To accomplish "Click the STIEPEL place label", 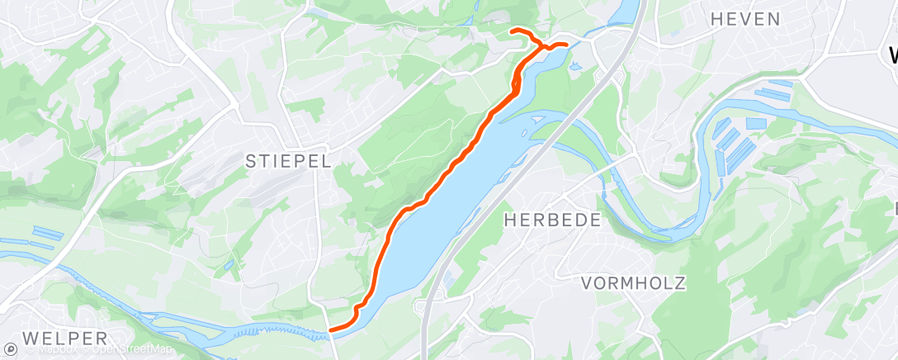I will tap(288, 162).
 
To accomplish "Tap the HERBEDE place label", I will tap(552, 220).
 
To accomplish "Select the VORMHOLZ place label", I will tap(633, 283).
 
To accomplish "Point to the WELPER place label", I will tap(65, 339).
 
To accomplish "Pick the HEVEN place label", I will tap(744, 19).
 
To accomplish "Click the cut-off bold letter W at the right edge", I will tap(892, 55).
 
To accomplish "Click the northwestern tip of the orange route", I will tap(513, 31).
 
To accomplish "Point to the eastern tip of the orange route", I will tap(567, 44).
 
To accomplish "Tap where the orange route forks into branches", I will tap(543, 45).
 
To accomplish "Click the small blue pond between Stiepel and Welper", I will tap(229, 266).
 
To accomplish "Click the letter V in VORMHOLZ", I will tap(588, 283).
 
